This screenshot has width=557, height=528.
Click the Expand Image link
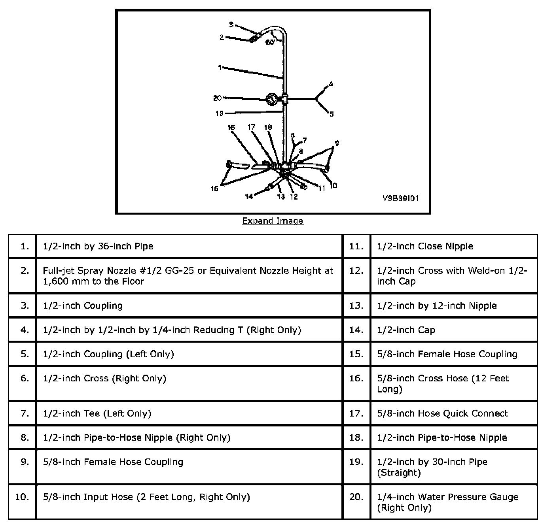click(273, 221)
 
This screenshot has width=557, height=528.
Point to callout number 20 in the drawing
click(217, 98)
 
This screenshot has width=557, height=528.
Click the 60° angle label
click(270, 42)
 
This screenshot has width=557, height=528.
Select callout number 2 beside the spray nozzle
click(222, 37)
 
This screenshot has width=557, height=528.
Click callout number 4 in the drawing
click(331, 84)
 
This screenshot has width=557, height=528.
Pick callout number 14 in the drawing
click(249, 196)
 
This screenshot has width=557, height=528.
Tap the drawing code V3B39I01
click(400, 198)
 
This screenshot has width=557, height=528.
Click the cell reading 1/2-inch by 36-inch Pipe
click(98, 246)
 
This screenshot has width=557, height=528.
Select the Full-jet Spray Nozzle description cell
click(188, 276)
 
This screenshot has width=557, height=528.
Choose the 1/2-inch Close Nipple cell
click(425, 246)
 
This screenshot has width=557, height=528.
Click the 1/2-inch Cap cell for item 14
click(406, 330)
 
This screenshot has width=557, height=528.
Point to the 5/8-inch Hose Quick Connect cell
click(442, 413)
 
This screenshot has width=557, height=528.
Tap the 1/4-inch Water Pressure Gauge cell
click(447, 502)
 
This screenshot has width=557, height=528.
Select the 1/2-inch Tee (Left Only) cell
click(97, 413)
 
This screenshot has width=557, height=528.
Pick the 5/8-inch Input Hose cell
click(146, 497)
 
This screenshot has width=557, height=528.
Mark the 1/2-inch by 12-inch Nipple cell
click(437, 305)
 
